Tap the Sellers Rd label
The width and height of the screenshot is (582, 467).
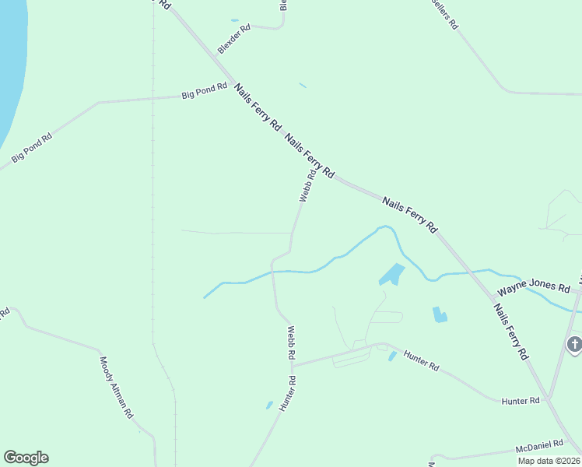[x=445, y=14]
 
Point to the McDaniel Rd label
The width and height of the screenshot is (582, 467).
[x=539, y=446]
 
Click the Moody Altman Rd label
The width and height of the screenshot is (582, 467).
[x=116, y=388]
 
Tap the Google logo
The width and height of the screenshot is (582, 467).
[x=26, y=458]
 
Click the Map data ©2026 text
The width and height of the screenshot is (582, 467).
[x=549, y=460]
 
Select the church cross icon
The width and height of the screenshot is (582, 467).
[x=574, y=343]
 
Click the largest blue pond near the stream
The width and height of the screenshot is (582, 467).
[x=391, y=275]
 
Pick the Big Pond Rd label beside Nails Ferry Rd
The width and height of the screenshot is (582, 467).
[x=204, y=91]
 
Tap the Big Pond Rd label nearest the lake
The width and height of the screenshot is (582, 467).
[x=32, y=148]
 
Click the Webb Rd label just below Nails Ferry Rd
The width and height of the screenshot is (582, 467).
[x=306, y=188]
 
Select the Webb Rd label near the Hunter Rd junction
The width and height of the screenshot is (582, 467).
[x=290, y=342]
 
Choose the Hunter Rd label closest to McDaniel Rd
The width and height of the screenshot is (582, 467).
[x=521, y=400]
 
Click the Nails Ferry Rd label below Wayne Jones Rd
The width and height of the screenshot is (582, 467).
[x=510, y=331]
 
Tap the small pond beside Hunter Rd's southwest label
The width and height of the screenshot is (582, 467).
[x=269, y=405]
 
